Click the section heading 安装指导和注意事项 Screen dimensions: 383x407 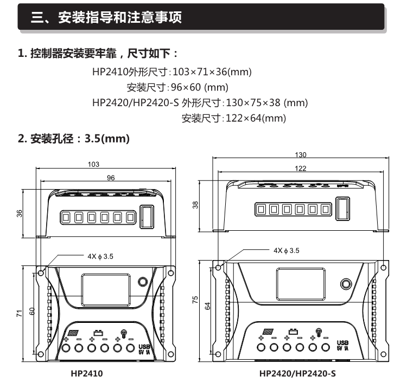point(106,18)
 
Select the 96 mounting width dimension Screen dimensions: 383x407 point(111,178)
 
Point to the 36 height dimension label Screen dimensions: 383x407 point(20,213)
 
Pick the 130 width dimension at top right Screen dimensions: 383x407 point(300,154)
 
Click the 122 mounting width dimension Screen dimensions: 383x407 point(300,168)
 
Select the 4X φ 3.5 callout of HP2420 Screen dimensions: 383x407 point(286,251)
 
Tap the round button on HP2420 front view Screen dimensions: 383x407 point(345,284)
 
